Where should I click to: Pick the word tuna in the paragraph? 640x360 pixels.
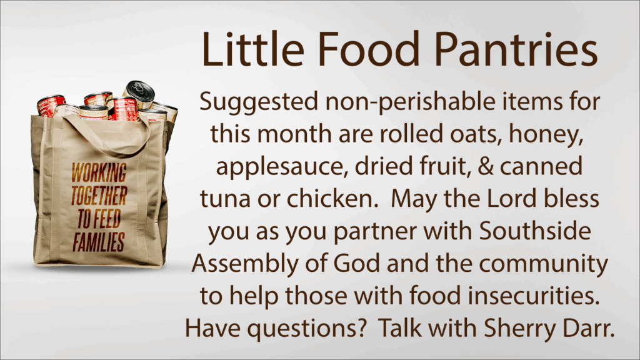(x=225, y=199)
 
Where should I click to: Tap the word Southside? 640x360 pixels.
(x=535, y=231)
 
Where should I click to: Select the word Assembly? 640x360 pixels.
(x=245, y=264)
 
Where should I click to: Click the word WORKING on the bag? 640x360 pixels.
(x=99, y=172)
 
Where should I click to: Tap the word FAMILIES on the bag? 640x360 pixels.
(x=99, y=242)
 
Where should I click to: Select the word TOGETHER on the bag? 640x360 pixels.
(x=99, y=196)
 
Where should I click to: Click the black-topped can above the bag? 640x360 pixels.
(x=139, y=94)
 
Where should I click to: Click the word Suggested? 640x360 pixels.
(x=259, y=102)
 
